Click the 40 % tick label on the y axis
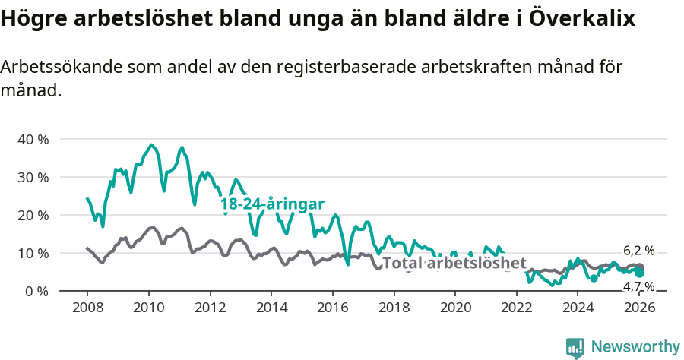33,139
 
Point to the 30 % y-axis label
33,177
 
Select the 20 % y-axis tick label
33,215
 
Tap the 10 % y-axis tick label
33,253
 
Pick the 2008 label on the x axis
87,308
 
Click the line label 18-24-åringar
272,204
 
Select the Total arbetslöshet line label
454,264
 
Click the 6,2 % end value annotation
638,250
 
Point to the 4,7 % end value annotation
638,286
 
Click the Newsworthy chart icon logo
575,348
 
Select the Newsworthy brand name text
635,347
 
